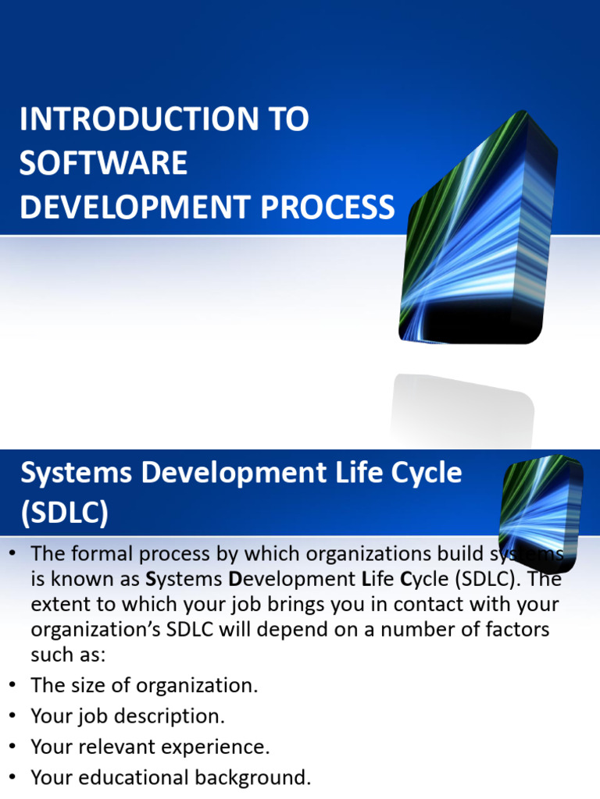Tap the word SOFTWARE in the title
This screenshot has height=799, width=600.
point(103,164)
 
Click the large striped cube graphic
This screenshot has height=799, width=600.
point(477,234)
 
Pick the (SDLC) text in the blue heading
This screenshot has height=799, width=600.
point(64,513)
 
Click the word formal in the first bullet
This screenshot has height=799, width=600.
point(107,554)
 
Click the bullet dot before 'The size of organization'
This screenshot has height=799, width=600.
point(12,686)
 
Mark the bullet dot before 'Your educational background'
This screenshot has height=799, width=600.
point(12,777)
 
